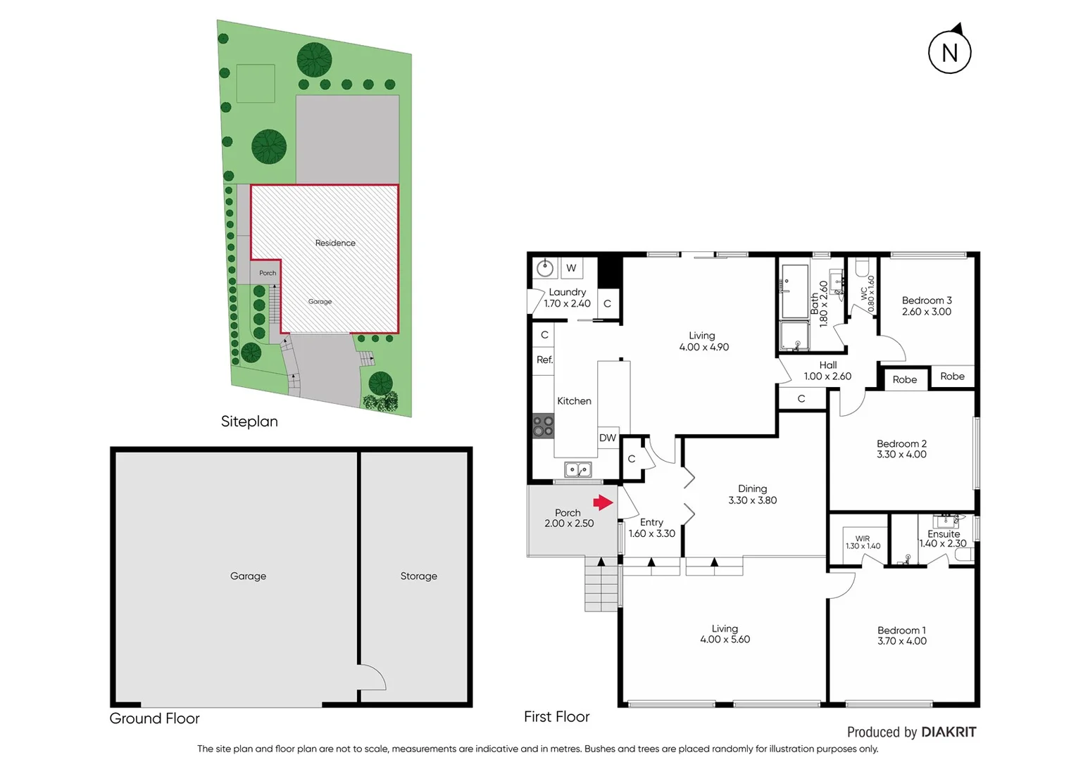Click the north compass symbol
949,51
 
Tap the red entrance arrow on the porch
603,502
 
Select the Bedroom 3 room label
926,300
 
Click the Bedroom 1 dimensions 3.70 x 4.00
901,641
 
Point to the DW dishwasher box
607,438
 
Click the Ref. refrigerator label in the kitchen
544,360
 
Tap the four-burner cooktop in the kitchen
543,426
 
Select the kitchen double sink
578,469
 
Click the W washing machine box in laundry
571,268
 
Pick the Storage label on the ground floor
418,576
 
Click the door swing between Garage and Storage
372,677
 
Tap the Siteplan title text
249,422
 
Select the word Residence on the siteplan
335,243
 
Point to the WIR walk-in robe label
863,538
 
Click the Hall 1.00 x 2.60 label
827,371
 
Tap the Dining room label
752,488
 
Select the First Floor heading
556,716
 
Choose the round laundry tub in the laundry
544,268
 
